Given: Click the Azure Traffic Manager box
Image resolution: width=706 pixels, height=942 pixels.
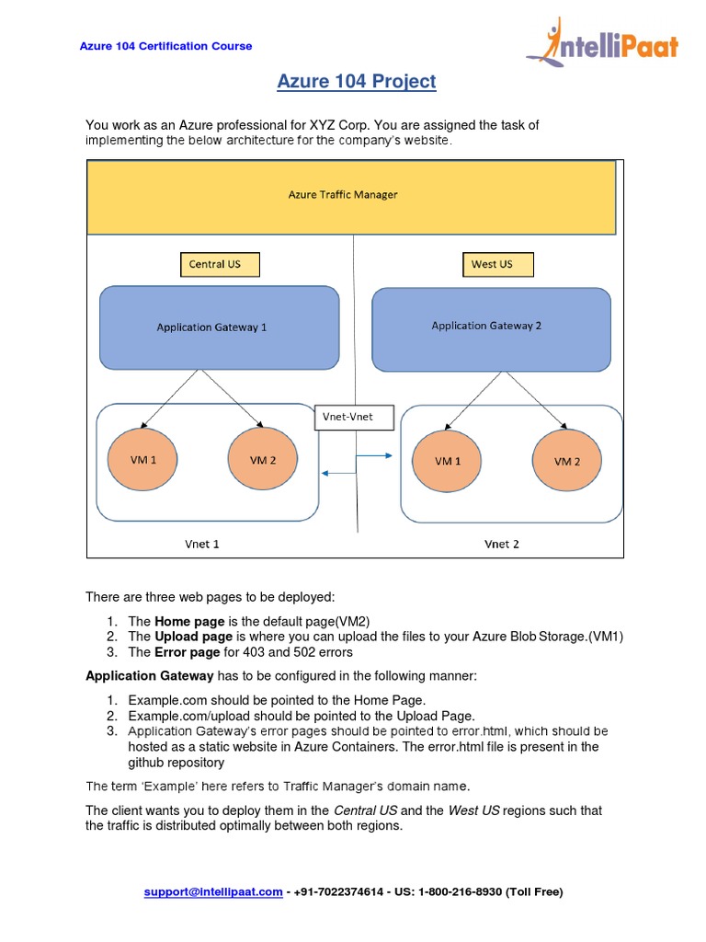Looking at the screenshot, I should coord(351,196).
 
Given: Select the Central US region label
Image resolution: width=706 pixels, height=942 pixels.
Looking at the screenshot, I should coord(220,265).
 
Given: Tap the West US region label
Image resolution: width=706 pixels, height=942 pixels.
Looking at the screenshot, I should coord(497,265).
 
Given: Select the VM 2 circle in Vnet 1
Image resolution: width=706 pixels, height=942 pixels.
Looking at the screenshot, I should coord(263,460).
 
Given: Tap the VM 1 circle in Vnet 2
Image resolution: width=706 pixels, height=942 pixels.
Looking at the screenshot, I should coord(449,461).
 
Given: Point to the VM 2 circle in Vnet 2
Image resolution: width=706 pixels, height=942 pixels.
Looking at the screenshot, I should coord(567,461).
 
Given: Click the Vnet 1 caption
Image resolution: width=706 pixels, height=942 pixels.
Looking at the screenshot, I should coord(202,544).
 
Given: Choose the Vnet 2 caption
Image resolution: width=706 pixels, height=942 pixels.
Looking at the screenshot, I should coord(502,544).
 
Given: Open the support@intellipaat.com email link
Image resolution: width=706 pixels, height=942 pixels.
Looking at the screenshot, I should coord(213,892).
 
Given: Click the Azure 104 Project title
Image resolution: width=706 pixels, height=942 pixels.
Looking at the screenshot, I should coord(357,82).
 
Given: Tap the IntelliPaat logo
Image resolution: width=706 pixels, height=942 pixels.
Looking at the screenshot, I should coord(602,43).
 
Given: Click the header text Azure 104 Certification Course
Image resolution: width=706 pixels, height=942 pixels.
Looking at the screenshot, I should coord(166,46).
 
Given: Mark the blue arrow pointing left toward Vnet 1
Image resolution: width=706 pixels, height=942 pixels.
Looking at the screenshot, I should coord(339,473).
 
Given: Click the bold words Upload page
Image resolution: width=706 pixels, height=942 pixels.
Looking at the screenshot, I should coord(193,637).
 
